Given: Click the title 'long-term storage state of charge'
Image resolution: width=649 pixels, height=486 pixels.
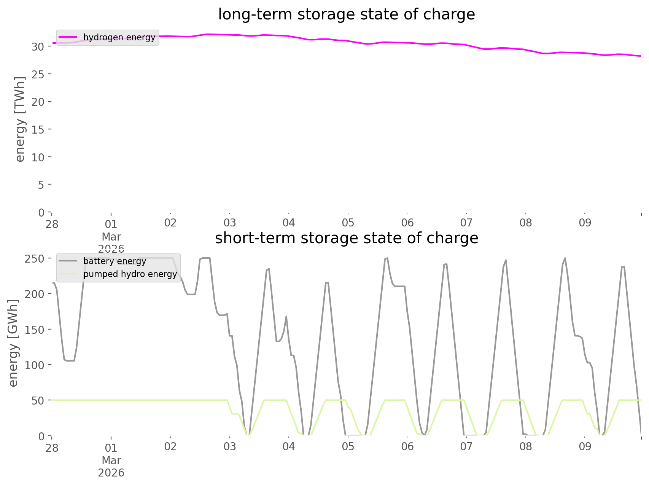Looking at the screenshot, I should [346, 14].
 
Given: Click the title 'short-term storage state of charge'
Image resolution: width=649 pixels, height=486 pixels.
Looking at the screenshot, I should [346, 238].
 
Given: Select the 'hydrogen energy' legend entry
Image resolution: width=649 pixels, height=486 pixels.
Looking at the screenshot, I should [119, 37].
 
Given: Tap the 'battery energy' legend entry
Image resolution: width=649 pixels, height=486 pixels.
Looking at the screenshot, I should [115, 261].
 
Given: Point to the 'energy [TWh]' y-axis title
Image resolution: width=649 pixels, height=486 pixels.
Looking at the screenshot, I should [20, 119].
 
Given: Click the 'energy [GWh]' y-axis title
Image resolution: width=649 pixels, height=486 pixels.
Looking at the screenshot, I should [13, 343].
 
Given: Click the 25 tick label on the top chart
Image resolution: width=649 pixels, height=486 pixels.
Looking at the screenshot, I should [38, 74].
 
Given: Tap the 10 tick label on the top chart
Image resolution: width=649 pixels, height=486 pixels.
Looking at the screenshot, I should [38, 157].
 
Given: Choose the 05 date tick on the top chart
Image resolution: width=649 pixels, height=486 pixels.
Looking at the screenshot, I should [348, 223].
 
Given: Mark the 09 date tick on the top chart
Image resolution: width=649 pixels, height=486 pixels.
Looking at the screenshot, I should [585, 223].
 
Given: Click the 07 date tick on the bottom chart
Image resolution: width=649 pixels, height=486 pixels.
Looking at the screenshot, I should [466, 447].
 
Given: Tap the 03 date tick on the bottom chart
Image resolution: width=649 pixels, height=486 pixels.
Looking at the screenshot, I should [229, 447].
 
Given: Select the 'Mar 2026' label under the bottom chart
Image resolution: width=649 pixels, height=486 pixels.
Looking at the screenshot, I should [111, 467].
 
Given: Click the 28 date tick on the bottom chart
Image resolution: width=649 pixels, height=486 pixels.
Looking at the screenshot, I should [52, 448].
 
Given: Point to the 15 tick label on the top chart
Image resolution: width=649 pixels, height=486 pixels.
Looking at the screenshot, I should [38, 130].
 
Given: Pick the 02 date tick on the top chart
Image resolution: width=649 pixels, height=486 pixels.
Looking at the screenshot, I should [170, 223].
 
